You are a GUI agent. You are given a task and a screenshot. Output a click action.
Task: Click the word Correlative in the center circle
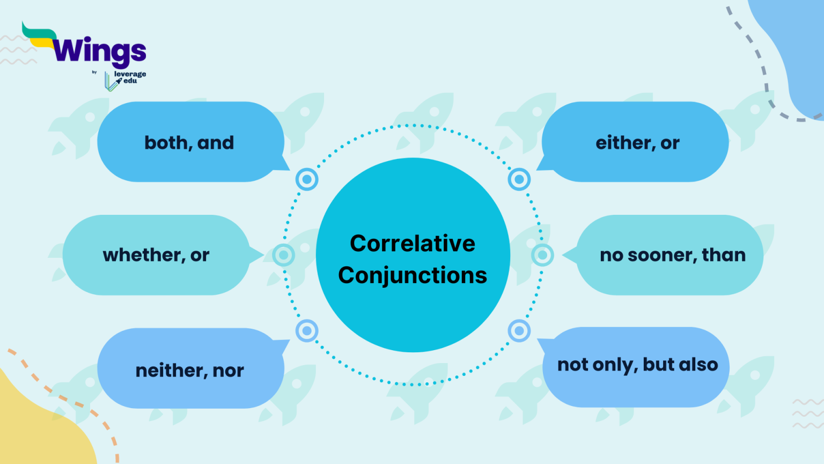(413, 243)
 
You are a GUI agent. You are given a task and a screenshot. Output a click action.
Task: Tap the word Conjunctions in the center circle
(413, 275)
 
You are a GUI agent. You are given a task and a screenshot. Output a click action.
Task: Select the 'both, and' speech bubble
(190, 142)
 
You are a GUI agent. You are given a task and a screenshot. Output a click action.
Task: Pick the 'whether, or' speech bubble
(156, 255)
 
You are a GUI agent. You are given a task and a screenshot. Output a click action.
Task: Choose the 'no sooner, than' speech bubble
(672, 255)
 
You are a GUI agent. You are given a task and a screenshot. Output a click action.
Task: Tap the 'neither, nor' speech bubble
(190, 369)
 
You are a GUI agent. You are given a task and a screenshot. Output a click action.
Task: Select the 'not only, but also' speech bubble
(637, 365)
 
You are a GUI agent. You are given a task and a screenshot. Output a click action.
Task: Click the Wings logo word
(100, 52)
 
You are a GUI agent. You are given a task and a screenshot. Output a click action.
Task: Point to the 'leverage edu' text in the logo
(130, 77)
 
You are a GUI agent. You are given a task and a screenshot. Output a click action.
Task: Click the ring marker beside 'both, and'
(307, 179)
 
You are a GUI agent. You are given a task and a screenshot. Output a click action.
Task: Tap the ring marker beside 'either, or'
(519, 179)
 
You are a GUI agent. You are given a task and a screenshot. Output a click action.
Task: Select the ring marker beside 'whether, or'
(283, 255)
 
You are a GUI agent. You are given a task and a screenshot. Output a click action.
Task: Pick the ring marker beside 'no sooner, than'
(542, 255)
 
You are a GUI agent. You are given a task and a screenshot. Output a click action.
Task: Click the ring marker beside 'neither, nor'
(307, 331)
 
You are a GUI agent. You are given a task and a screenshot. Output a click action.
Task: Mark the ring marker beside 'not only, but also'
(519, 331)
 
